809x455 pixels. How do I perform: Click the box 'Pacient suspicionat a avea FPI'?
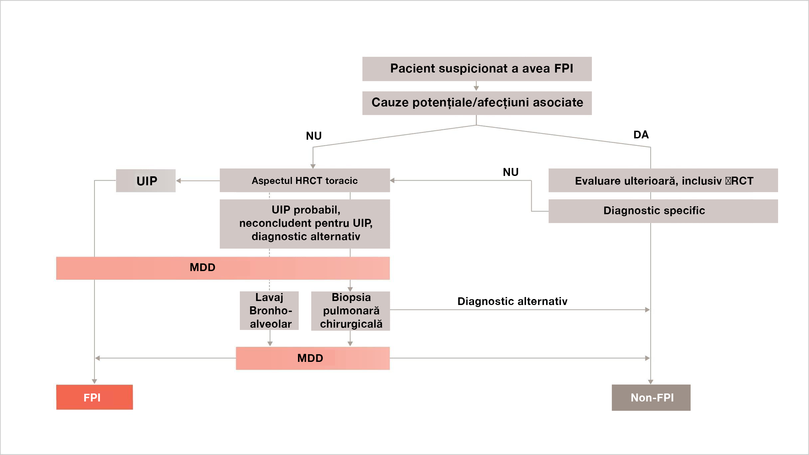477,69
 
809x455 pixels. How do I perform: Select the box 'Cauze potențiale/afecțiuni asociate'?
477,103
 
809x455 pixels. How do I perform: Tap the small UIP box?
146,181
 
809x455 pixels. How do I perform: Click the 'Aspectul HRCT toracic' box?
304,181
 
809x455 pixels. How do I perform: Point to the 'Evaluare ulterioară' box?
663,181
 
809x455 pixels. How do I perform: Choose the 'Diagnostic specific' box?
663,211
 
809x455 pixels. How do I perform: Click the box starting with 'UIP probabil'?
304,224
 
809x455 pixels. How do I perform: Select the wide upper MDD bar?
223,268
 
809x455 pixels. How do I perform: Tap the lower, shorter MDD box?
312,358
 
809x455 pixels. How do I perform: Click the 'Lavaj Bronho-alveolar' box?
269,311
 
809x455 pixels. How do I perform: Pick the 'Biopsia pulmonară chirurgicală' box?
350,311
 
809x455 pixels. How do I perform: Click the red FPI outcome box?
94,397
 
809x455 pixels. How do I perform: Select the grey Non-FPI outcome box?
651,397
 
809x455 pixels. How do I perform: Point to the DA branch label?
641,135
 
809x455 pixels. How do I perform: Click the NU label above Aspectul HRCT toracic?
313,136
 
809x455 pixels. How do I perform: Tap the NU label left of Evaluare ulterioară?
510,172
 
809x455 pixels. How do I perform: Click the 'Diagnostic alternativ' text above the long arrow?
512,301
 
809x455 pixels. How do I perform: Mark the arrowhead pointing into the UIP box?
179,181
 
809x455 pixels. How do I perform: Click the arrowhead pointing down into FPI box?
94,381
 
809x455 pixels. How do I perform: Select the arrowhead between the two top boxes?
476,88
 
